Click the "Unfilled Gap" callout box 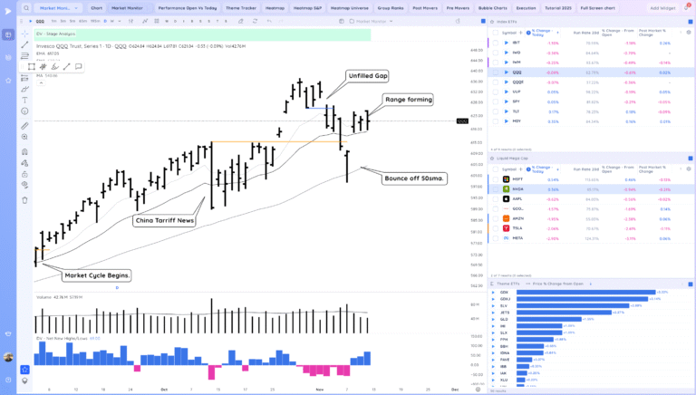point(367,76)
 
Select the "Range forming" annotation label point(408,100)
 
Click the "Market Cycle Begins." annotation point(98,275)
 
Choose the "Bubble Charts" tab point(493,7)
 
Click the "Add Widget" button point(662,7)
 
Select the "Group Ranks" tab point(391,7)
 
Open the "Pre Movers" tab point(459,7)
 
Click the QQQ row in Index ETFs point(517,72)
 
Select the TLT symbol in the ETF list point(517,111)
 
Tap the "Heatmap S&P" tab point(309,7)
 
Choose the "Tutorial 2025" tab point(560,7)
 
